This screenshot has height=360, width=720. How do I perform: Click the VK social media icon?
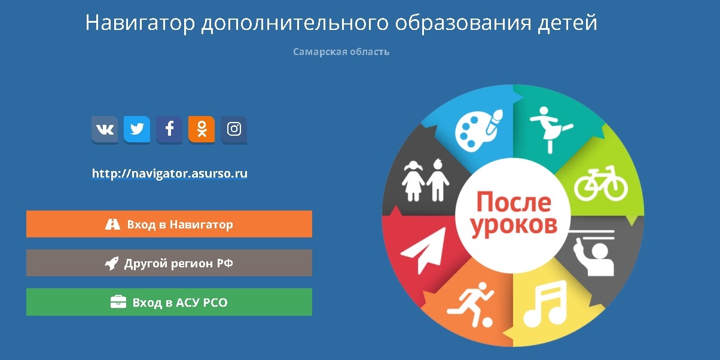coord(105,129)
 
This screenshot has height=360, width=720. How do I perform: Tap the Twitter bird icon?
coord(137,129)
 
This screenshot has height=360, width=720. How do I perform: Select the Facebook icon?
coord(169,129)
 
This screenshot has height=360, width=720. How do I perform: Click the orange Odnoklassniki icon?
coord(202,129)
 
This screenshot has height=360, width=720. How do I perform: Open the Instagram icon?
coord(234,129)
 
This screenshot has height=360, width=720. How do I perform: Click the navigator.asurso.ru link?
coord(169,174)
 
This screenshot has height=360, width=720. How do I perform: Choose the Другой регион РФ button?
coord(169,263)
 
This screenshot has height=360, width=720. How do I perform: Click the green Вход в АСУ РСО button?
coord(169,302)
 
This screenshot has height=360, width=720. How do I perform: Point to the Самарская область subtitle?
coord(341,52)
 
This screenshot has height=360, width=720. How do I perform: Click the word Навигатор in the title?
coord(141,23)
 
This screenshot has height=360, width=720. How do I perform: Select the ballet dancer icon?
coord(549,127)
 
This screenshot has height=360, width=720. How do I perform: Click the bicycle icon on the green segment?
coord(600,184)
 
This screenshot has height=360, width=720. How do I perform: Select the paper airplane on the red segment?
coord(423,252)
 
